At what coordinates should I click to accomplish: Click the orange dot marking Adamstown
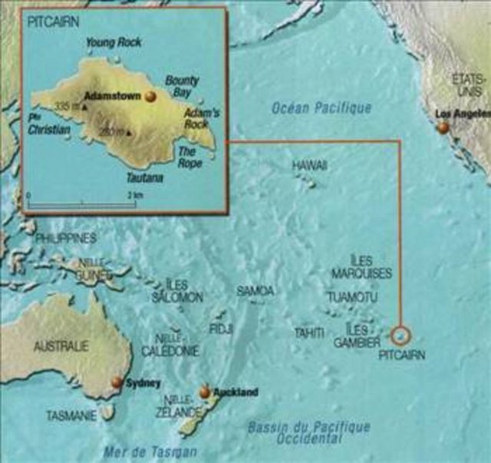(150, 96)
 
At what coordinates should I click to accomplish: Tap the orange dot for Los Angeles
(443, 128)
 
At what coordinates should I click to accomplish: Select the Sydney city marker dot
(117, 382)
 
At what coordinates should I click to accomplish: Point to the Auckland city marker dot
(205, 392)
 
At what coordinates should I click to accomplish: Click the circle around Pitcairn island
(400, 336)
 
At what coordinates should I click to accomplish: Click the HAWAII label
(309, 165)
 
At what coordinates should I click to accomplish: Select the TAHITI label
(311, 332)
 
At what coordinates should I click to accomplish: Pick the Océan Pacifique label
(321, 108)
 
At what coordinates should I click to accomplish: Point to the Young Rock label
(112, 43)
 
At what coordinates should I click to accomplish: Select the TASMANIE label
(71, 416)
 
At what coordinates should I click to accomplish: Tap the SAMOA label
(255, 291)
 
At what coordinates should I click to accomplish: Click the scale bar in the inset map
(81, 203)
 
